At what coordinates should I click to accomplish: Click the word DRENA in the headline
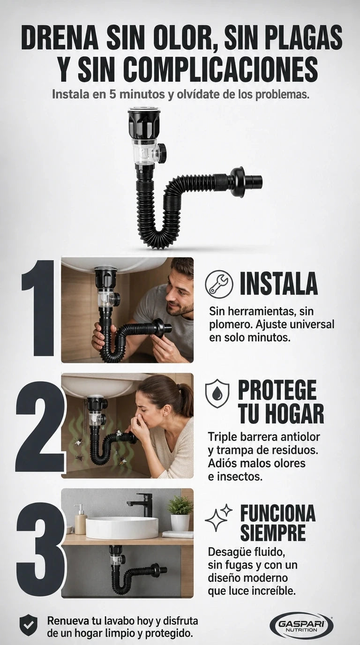[60, 38]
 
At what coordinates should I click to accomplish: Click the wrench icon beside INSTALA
[218, 284]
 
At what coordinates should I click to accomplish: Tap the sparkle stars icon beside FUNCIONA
[219, 518]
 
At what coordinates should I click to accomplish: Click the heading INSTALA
[279, 283]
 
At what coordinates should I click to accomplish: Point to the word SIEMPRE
[273, 532]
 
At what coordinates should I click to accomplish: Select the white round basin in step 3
[122, 528]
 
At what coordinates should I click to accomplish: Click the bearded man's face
[179, 297]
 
